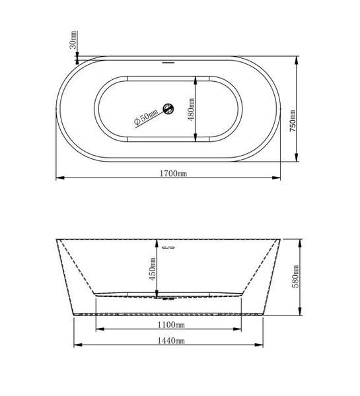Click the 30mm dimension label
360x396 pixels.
[x=73, y=40]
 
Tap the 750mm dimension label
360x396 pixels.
[x=292, y=121]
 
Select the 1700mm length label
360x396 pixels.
[x=173, y=174]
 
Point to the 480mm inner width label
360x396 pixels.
[x=192, y=110]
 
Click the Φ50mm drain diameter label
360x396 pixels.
[x=146, y=117]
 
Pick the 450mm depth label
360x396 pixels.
[x=153, y=269]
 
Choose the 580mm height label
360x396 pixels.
[x=295, y=277]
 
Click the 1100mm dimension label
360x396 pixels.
[x=171, y=325]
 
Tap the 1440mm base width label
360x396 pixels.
[x=171, y=341]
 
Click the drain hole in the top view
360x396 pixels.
[x=168, y=109]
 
